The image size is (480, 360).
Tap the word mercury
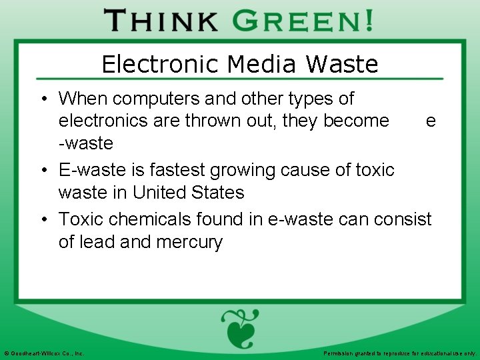point(189,241)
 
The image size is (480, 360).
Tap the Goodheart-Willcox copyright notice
point(44,353)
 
